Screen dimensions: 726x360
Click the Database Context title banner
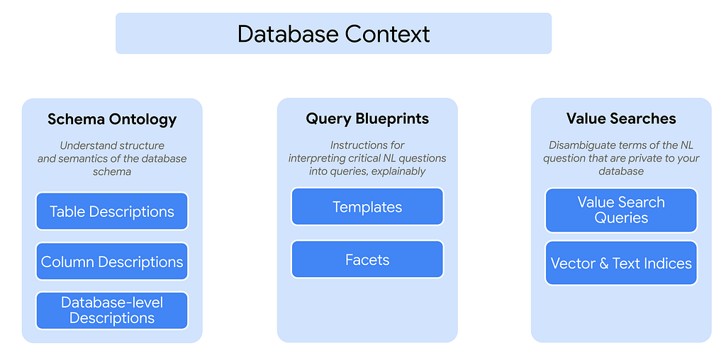pos(333,33)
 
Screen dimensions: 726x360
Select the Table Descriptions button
pos(112,211)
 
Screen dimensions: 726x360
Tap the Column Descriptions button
pos(112,262)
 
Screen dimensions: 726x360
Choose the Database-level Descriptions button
pos(112,310)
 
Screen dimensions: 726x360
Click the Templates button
pos(367,206)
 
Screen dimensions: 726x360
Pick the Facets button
pos(367,259)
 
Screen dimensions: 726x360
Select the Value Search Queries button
pos(621,210)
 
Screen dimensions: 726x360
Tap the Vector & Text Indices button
pos(621,264)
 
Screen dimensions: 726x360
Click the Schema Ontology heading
pos(112,120)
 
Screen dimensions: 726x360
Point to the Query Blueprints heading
pos(367,119)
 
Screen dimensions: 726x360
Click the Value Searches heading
pos(621,119)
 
